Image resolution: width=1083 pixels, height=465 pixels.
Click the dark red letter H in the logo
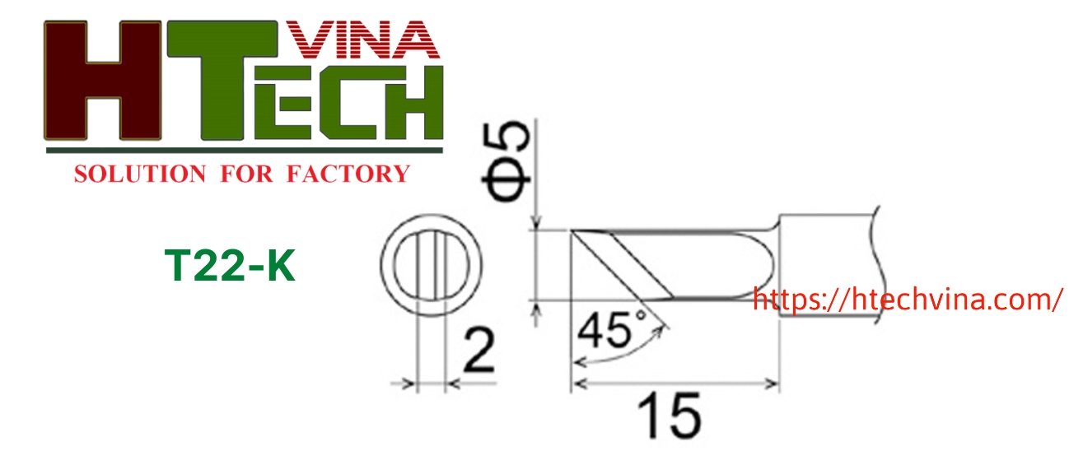coord(102,80)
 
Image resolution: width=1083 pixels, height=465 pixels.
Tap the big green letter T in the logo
coord(222,80)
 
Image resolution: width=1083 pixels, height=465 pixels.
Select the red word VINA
coord(362,40)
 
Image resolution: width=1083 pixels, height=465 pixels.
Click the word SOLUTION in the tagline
coord(140,174)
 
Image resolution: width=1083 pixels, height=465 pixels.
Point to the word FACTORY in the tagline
coord(348,174)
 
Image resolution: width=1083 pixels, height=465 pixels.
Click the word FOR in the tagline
coord(246,174)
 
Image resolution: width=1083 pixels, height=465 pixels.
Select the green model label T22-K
coord(230,265)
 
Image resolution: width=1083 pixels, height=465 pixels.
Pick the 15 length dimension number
coord(670,416)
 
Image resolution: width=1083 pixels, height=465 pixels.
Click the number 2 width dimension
coord(478,351)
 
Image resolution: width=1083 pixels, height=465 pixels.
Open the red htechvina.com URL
coord(907,300)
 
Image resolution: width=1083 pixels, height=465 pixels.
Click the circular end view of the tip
coord(431,265)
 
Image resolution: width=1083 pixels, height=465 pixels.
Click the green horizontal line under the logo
coord(244,151)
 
